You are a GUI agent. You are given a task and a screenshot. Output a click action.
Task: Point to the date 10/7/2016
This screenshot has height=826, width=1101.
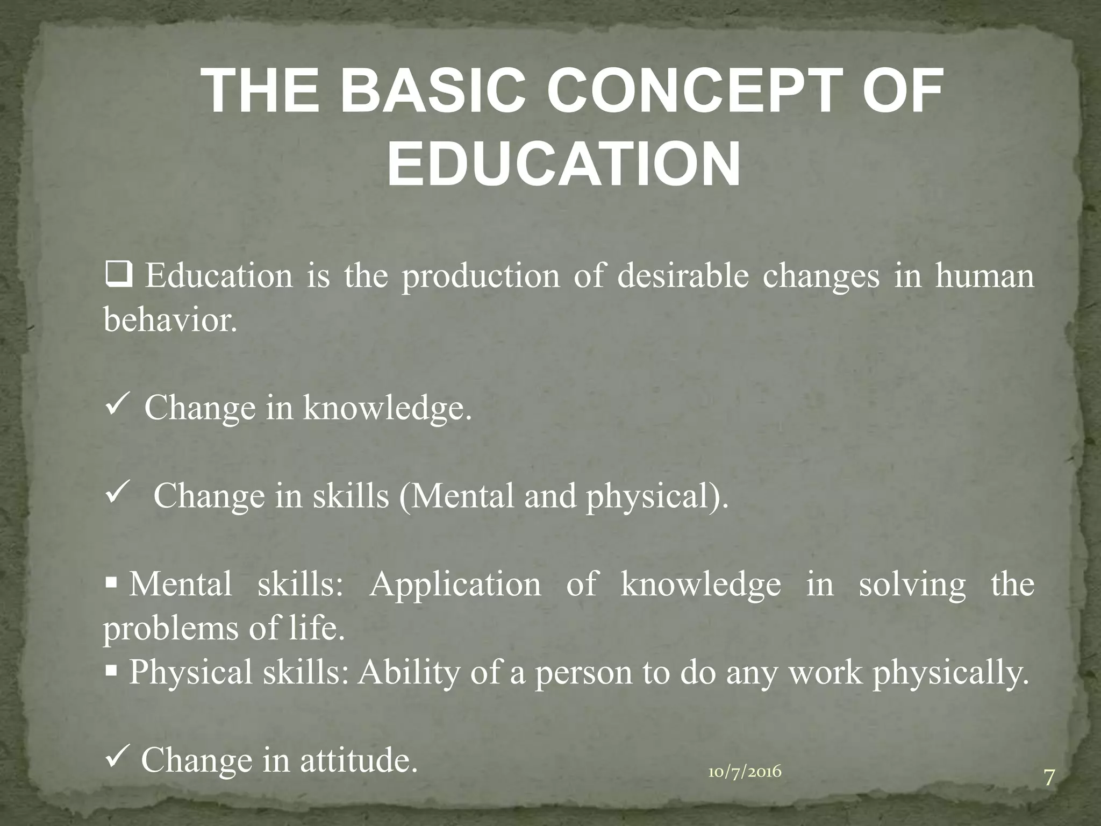tap(745, 772)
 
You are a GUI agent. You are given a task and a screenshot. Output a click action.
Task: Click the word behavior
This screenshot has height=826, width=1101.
tap(170, 321)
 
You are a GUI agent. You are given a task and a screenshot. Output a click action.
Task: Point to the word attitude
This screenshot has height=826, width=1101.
tap(359, 760)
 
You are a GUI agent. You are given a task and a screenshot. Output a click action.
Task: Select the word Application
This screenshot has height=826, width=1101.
tap(455, 585)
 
